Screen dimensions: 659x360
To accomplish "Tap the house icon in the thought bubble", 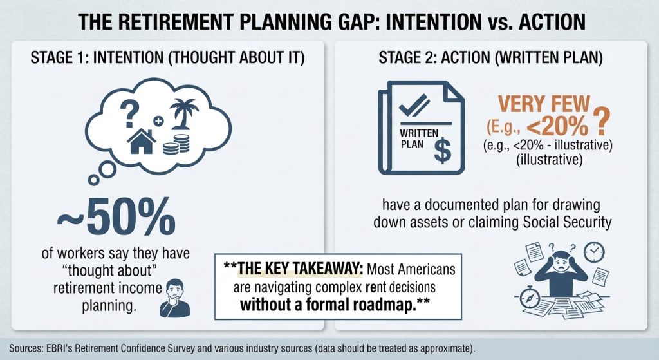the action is point(142,142).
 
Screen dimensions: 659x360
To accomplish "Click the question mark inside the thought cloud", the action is point(129,114).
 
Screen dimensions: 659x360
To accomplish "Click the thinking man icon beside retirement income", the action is point(175,298).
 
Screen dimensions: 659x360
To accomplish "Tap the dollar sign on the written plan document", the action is point(443,151).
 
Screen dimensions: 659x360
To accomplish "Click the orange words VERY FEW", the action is point(544,104).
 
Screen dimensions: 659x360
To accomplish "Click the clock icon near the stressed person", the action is point(594,252).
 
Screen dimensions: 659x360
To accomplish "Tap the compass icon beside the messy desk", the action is point(530,297).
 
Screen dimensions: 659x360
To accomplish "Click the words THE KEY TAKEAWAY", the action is point(300,269).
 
